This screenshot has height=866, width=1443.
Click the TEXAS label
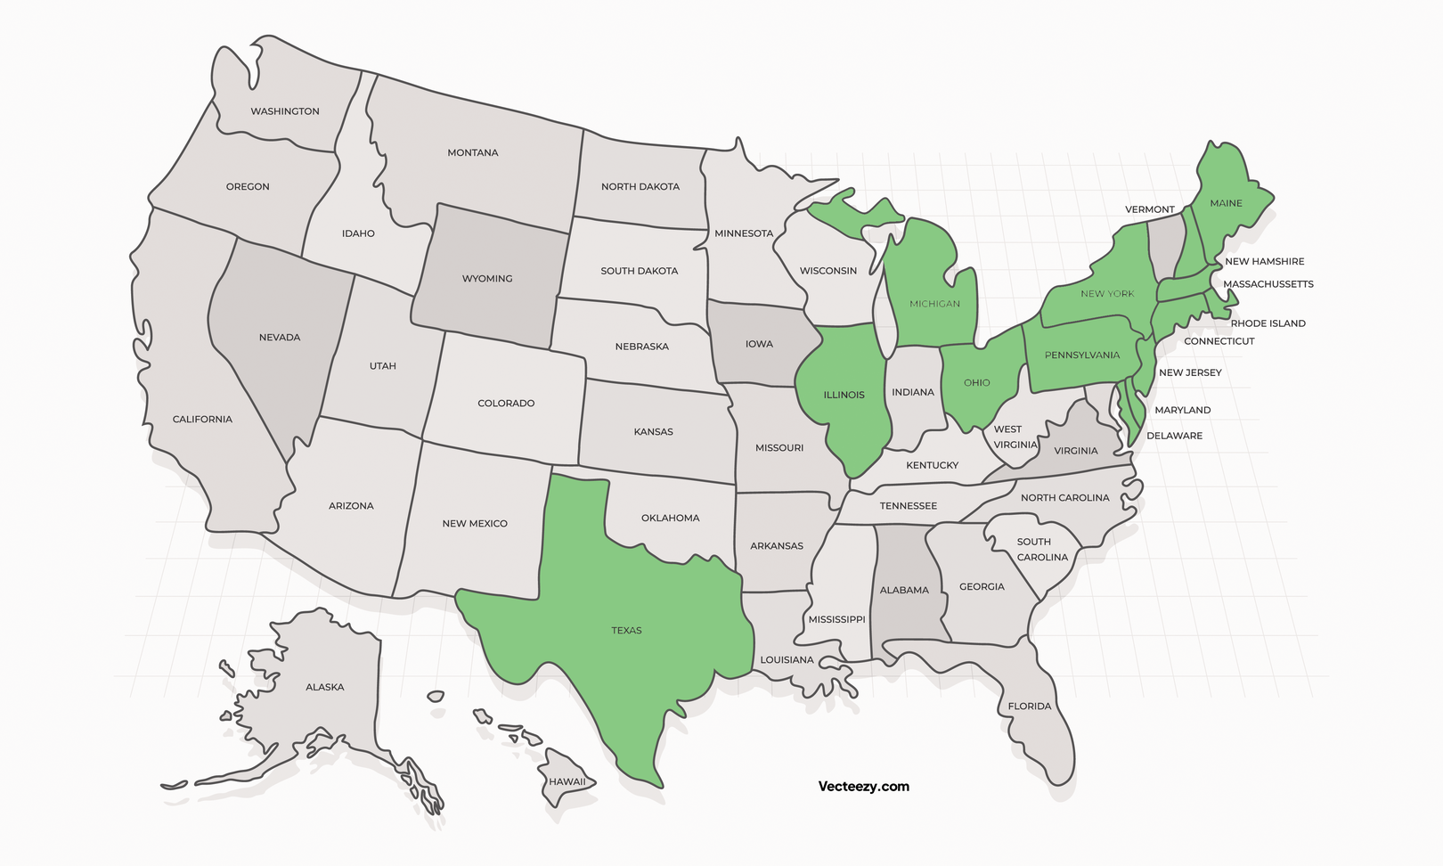(x=626, y=631)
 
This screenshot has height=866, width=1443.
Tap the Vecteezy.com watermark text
(x=863, y=786)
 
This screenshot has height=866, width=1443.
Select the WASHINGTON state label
(x=285, y=111)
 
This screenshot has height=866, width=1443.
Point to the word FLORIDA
(x=1030, y=707)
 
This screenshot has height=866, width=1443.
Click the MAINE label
(x=1226, y=203)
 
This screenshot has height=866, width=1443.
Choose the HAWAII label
(x=567, y=782)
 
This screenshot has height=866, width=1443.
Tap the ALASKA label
(x=324, y=687)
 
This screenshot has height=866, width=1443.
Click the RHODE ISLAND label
(x=1268, y=323)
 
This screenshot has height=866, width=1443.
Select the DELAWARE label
(x=1174, y=436)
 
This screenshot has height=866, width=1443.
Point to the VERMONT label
(x=1149, y=209)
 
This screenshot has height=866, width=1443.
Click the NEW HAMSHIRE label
(x=1264, y=261)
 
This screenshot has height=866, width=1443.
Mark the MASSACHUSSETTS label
(x=1268, y=284)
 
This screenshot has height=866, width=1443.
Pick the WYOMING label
(x=487, y=279)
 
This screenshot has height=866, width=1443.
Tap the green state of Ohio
(x=977, y=383)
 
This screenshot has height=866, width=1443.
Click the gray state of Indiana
(x=913, y=392)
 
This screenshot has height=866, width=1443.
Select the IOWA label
(x=759, y=344)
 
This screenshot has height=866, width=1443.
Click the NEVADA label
(x=280, y=338)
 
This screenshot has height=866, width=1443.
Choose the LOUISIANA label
(x=787, y=660)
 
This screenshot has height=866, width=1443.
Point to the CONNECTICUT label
(x=1219, y=341)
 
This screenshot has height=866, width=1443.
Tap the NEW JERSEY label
(x=1190, y=372)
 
